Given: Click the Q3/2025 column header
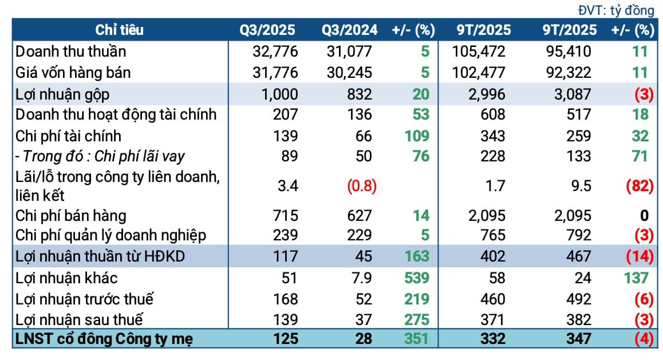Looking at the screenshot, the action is click(267, 30).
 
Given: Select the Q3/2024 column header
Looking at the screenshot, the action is click(349, 30).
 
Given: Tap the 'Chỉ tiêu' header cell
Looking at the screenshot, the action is click(119, 30).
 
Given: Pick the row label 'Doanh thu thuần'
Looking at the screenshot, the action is click(70, 52).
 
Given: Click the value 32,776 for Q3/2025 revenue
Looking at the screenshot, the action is click(275, 52).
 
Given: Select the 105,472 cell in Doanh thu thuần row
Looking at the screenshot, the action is click(478, 52).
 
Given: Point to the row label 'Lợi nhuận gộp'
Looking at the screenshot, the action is click(62, 94).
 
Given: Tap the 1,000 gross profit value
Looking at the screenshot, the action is click(279, 94).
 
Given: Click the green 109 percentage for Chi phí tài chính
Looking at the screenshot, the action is click(416, 136).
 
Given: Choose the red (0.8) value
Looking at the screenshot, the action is click(361, 186).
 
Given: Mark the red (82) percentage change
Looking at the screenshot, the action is click(640, 186).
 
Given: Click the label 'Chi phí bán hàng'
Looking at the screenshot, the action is click(70, 216).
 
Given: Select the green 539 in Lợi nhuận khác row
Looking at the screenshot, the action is click(416, 278).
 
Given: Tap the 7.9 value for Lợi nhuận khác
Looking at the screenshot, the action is click(361, 278).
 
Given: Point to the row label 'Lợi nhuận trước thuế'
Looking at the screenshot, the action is click(84, 299).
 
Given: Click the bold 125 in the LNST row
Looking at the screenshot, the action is click(286, 339).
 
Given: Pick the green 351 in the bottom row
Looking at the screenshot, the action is click(416, 339).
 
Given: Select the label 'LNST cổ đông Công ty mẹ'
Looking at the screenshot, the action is click(104, 339).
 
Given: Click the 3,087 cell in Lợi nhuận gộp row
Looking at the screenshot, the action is click(573, 94).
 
